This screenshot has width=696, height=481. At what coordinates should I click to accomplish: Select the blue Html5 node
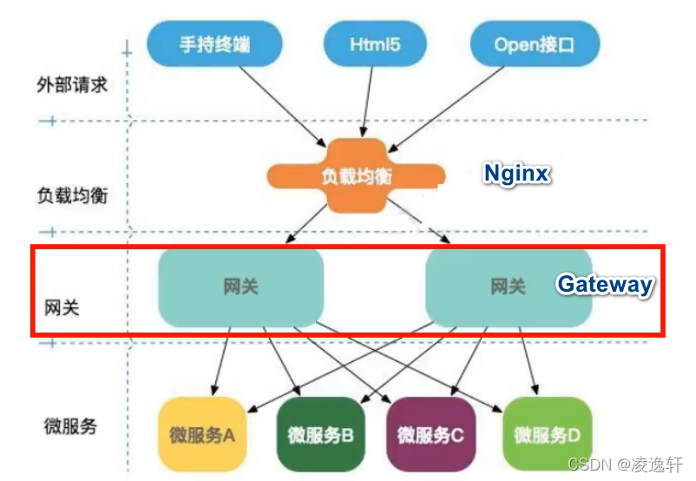374,44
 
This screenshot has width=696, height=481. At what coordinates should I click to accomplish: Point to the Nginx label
516,174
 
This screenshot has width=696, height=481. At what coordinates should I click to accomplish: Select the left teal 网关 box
240,287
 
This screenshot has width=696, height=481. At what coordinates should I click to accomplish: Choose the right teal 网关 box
508,287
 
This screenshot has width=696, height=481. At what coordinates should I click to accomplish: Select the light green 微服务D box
546,433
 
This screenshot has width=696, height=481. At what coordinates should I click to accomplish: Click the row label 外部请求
72,85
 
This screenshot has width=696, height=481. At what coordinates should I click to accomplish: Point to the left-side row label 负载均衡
72,194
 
